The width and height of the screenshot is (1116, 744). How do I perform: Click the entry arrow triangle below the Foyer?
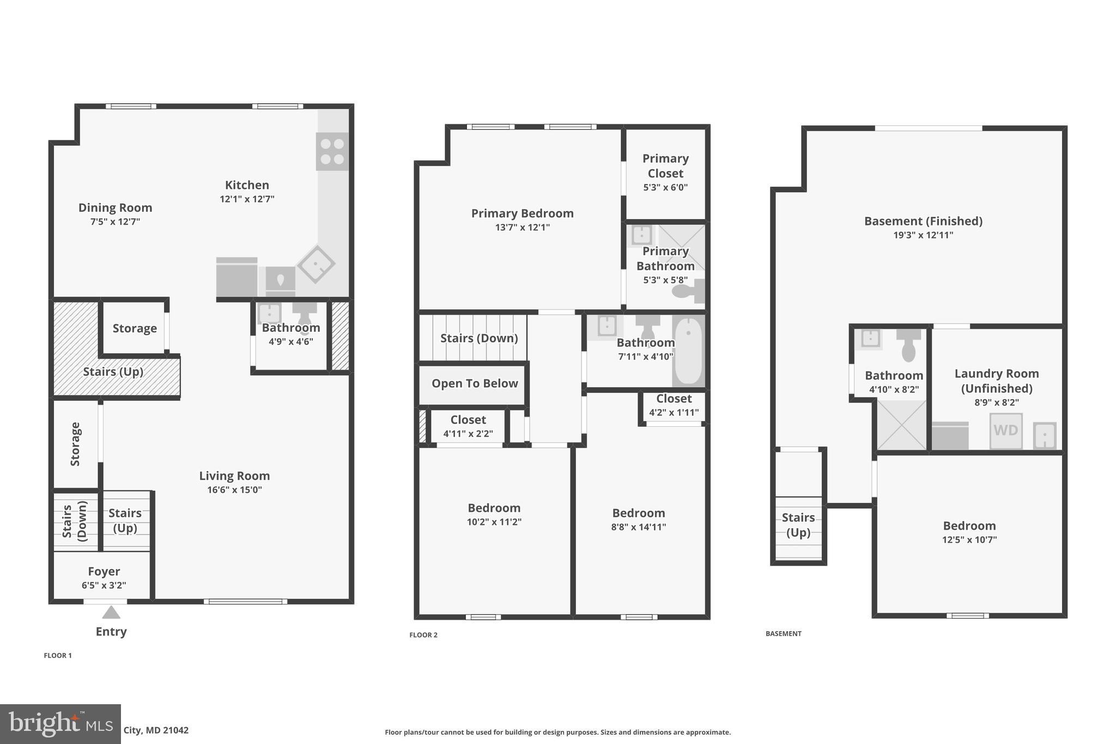(111, 613)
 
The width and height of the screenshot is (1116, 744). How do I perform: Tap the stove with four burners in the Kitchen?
(332, 152)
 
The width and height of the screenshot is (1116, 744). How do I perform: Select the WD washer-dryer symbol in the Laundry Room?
(1005, 431)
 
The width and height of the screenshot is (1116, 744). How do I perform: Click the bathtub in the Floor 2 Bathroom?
(688, 350)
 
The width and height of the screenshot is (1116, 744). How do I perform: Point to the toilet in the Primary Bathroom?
(688, 291)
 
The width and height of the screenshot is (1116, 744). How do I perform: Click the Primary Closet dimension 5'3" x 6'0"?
(665, 187)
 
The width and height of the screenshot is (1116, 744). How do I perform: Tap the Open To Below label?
(475, 383)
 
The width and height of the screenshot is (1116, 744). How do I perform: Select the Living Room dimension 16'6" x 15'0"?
(234, 490)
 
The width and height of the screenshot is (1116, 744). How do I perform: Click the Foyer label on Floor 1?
(104, 571)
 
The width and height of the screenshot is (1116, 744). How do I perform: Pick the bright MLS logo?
(60, 724)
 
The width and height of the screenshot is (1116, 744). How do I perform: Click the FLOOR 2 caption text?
(423, 635)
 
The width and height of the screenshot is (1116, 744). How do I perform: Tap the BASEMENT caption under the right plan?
(783, 633)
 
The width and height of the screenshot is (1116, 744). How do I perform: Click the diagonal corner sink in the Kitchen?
(316, 264)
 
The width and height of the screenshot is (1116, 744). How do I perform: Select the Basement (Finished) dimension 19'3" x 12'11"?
(923, 235)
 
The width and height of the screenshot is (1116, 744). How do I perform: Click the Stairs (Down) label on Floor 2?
(478, 338)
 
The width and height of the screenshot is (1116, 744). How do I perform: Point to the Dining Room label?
(115, 208)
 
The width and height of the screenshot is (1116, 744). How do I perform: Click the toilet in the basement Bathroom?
(908, 346)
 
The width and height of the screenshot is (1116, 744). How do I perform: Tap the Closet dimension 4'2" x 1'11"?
(674, 413)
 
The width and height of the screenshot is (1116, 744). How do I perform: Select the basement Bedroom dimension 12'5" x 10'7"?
(969, 540)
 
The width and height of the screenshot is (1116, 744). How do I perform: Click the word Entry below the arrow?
(111, 632)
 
